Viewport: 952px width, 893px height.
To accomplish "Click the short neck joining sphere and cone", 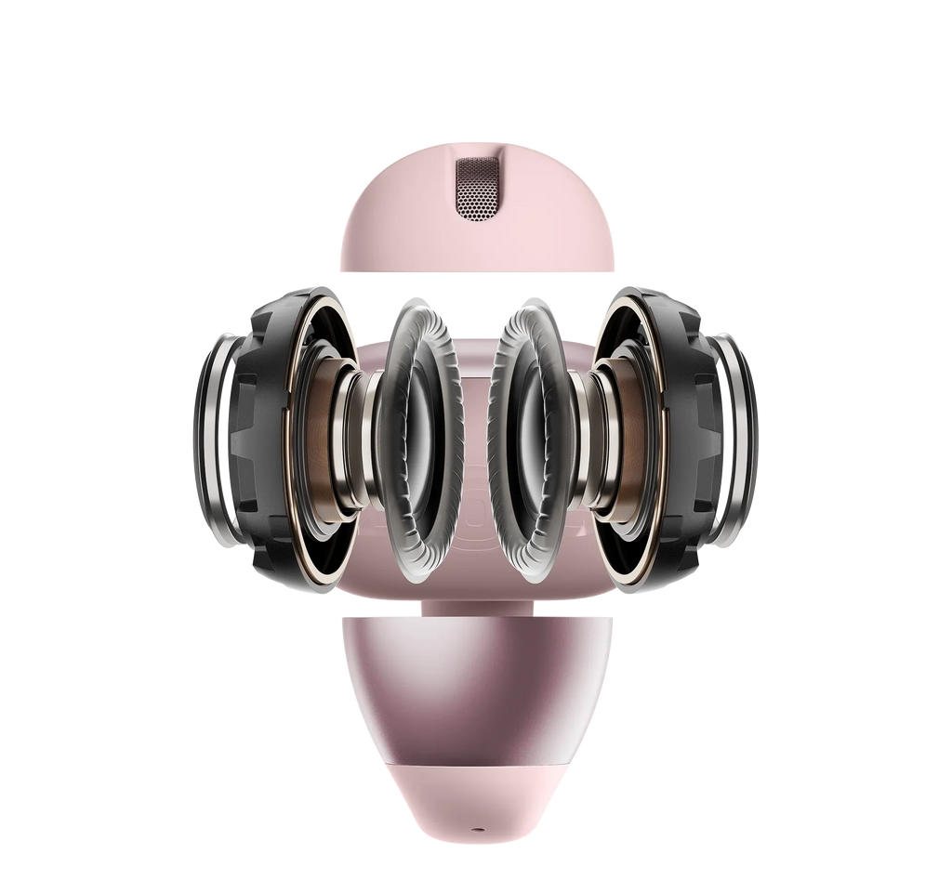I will click(x=476, y=606).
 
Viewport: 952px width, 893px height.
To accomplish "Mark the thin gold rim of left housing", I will click(x=289, y=437).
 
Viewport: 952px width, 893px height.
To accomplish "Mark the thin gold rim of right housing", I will click(x=661, y=437).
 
